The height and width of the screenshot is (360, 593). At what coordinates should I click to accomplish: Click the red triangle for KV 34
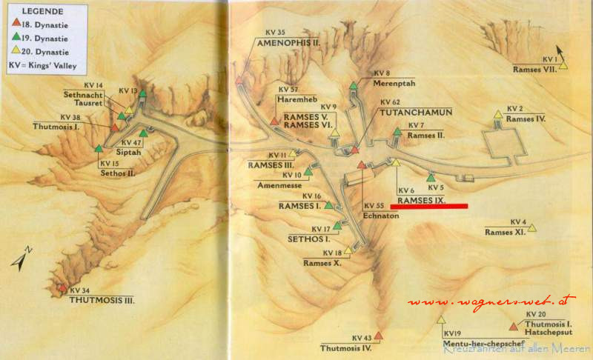(63, 288)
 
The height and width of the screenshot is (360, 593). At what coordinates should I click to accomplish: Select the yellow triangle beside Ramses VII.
(563, 66)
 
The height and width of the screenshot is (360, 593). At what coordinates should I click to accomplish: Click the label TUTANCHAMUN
(416, 112)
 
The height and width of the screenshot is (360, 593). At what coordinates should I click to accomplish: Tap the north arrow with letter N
(23, 256)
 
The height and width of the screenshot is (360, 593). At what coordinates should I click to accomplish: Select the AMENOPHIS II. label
(288, 43)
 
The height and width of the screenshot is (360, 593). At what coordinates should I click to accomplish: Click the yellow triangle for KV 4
(532, 228)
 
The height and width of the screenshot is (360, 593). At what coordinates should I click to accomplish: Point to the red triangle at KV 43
(379, 336)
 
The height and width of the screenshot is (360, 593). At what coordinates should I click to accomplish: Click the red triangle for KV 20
(514, 325)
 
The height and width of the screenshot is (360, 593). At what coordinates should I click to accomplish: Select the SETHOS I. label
(308, 239)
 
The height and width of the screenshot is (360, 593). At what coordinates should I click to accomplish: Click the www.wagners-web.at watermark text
(491, 301)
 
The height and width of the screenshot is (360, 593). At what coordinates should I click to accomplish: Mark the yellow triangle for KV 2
(498, 114)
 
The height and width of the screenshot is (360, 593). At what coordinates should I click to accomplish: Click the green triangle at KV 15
(99, 148)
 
